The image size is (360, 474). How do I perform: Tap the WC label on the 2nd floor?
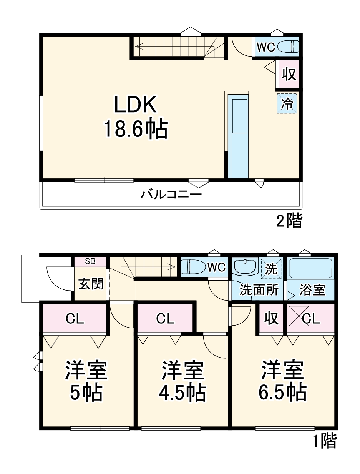coord(265,47)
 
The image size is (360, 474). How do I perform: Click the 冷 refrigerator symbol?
coord(287,103)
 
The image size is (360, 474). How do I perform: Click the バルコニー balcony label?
coord(171,194)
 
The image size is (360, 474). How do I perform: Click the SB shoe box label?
coord(90,261)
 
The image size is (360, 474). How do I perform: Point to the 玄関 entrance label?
coord(91,284)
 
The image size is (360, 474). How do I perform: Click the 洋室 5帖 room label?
coord(86,381)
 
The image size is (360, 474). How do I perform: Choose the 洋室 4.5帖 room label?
coord(182,381)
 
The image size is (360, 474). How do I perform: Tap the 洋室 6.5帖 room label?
coord(283,381)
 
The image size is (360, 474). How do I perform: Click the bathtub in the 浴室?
coord(310,268)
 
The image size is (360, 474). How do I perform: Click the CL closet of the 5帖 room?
coord(75,319)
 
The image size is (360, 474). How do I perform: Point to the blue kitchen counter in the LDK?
coord(239,136)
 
